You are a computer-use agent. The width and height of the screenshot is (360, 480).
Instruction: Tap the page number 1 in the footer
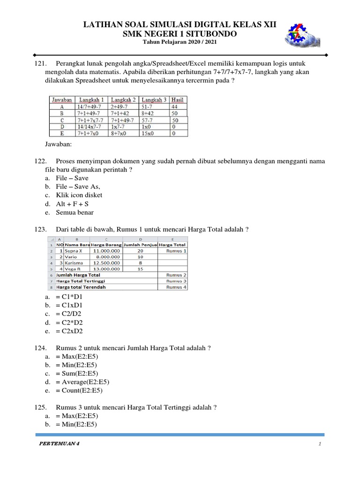tap(319, 444)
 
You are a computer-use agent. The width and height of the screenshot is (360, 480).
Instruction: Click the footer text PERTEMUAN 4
tap(59, 444)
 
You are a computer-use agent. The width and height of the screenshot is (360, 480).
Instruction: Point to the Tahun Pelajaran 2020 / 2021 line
tap(180, 42)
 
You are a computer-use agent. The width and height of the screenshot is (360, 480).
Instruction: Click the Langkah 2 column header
tap(123, 100)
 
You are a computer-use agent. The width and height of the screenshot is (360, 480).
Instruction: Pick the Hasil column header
tap(178, 100)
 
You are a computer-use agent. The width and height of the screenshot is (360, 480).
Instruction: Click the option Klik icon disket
tap(79, 195)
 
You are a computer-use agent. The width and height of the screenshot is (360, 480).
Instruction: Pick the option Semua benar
tap(75, 212)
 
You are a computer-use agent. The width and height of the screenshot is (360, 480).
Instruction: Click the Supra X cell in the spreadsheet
tap(74, 251)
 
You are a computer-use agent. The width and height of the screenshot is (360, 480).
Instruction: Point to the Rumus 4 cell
tap(176, 287)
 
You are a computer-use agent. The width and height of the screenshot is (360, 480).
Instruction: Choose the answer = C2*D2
tap(69, 322)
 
